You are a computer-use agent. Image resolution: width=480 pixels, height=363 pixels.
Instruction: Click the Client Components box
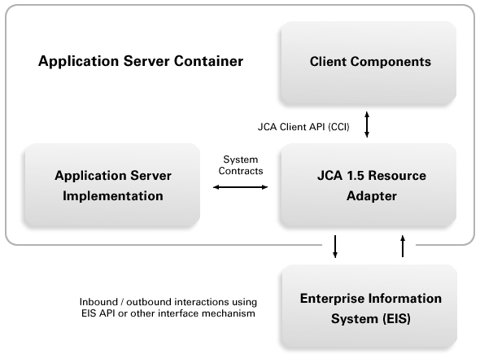369,63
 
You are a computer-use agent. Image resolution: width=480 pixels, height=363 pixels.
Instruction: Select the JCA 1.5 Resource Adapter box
369,185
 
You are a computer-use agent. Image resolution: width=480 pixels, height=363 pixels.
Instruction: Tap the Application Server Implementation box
112,185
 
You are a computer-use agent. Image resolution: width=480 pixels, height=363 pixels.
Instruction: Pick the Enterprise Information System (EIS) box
369,306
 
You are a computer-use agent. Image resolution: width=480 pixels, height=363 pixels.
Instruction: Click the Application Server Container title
141,61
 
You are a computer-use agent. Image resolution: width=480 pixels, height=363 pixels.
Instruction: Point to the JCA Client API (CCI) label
303,127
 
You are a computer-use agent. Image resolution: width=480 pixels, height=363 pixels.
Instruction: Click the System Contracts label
241,165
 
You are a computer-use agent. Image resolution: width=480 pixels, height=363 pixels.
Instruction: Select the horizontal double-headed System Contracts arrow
240,187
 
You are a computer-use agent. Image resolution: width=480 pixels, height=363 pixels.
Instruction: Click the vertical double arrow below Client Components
367,125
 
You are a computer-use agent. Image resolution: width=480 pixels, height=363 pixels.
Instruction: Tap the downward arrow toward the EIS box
335,247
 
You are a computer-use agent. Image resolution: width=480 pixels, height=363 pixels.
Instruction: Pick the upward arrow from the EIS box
403,246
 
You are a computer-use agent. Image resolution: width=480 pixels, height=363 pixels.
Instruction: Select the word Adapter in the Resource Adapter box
372,196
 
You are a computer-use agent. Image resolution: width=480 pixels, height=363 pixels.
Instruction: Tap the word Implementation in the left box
113,196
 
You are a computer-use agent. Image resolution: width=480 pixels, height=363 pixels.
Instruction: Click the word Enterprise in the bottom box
332,299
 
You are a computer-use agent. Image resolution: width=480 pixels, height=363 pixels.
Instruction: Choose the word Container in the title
209,61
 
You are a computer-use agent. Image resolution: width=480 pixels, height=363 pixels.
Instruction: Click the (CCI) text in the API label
338,127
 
